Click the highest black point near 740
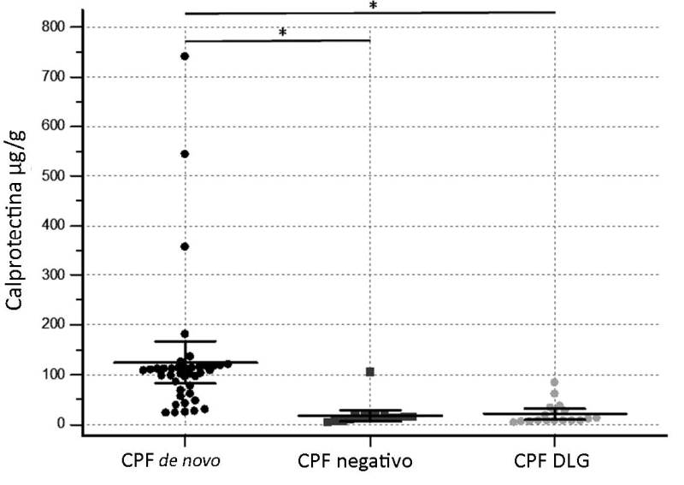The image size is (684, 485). [x=185, y=56]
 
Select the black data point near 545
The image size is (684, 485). [x=185, y=154]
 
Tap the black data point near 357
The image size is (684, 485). [x=185, y=246]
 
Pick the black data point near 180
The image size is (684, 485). [x=185, y=334]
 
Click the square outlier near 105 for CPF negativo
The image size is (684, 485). [x=370, y=371]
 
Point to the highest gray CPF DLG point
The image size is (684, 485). [x=554, y=382]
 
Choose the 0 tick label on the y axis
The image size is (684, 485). [x=62, y=424]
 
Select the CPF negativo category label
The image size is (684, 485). [x=356, y=461]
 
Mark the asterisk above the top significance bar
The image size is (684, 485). [x=373, y=6]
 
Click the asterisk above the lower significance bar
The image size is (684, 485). [x=282, y=33]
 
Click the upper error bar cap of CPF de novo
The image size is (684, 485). [x=185, y=341]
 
